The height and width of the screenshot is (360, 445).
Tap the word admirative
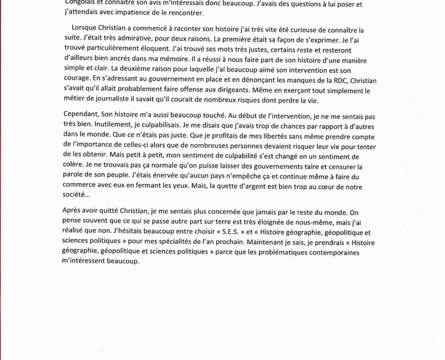(113, 41)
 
